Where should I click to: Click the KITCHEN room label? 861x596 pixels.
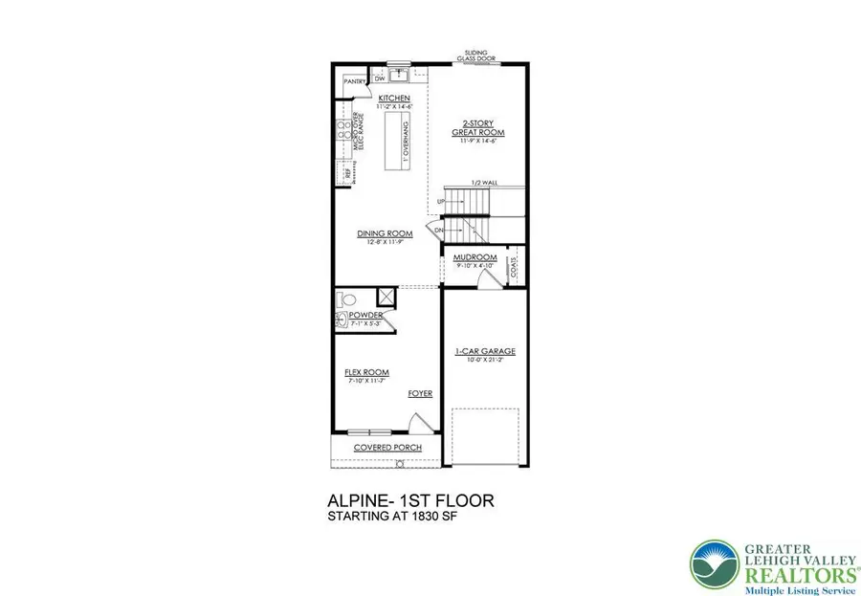coord(394,99)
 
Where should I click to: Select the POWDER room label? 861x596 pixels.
coord(366,315)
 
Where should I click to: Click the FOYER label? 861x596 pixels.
coord(420,393)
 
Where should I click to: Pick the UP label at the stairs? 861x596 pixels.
coord(441,202)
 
